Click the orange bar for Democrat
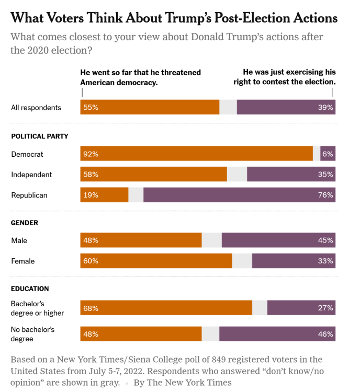click(197, 154)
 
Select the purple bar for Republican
click(239, 195)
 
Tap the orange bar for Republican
click(105, 195)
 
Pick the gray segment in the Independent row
click(237, 175)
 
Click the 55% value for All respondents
click(91, 108)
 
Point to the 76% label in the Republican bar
click(325, 195)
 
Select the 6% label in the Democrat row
click(328, 154)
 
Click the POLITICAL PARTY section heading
click(40, 136)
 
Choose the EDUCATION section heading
click(30, 289)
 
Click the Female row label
click(23, 261)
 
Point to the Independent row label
click(31, 175)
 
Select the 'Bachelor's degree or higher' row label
click(37, 308)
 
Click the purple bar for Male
click(278, 240)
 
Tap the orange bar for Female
click(156, 261)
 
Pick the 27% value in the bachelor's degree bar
click(325, 308)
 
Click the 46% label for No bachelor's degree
click(325, 333)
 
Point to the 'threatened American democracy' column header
click(140, 77)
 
